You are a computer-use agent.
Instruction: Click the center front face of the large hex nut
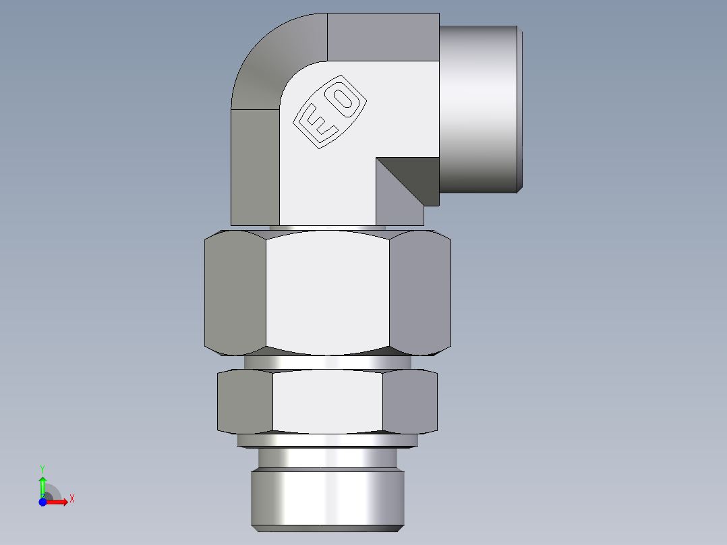click(328, 291)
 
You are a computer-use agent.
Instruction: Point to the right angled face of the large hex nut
click(419, 293)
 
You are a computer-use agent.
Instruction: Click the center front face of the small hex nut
click(328, 402)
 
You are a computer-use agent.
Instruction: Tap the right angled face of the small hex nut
click(409, 402)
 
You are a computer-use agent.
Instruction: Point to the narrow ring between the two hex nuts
click(328, 362)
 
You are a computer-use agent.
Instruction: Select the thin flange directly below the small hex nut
click(328, 440)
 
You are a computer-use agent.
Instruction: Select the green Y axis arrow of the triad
click(42, 484)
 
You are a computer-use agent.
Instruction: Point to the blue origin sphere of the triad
click(42, 502)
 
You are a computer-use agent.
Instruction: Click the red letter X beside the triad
click(72, 499)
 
